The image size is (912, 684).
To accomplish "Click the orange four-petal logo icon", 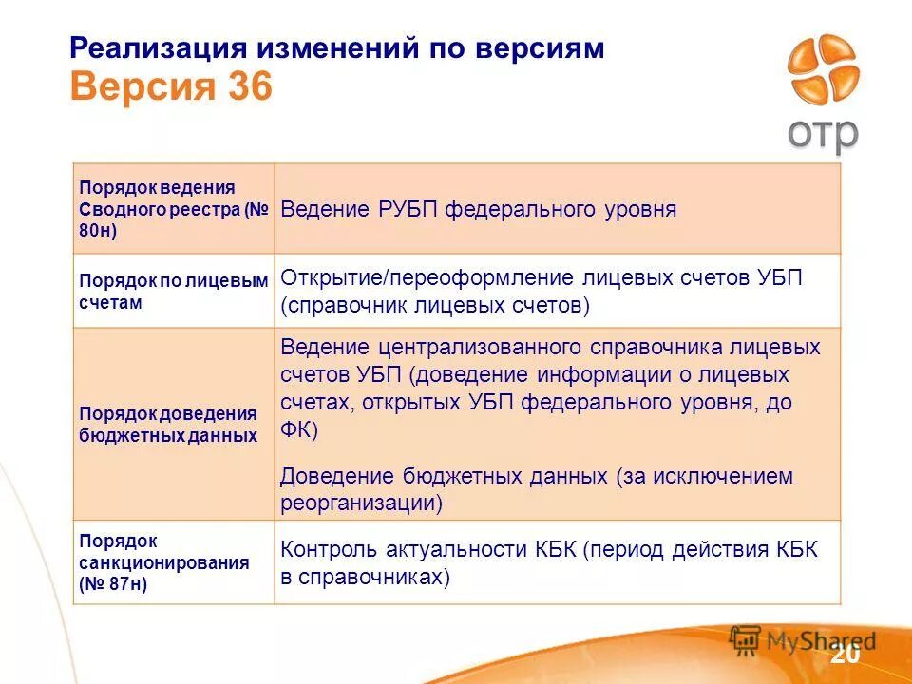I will click(822, 71).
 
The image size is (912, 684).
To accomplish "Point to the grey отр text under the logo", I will click(822, 133).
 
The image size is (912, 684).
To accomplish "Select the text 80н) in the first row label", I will click(98, 230).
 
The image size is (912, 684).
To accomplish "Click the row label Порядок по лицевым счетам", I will click(172, 291).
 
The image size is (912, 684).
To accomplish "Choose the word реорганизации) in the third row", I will click(361, 503).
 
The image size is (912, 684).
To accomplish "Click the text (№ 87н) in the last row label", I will click(113, 584).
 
